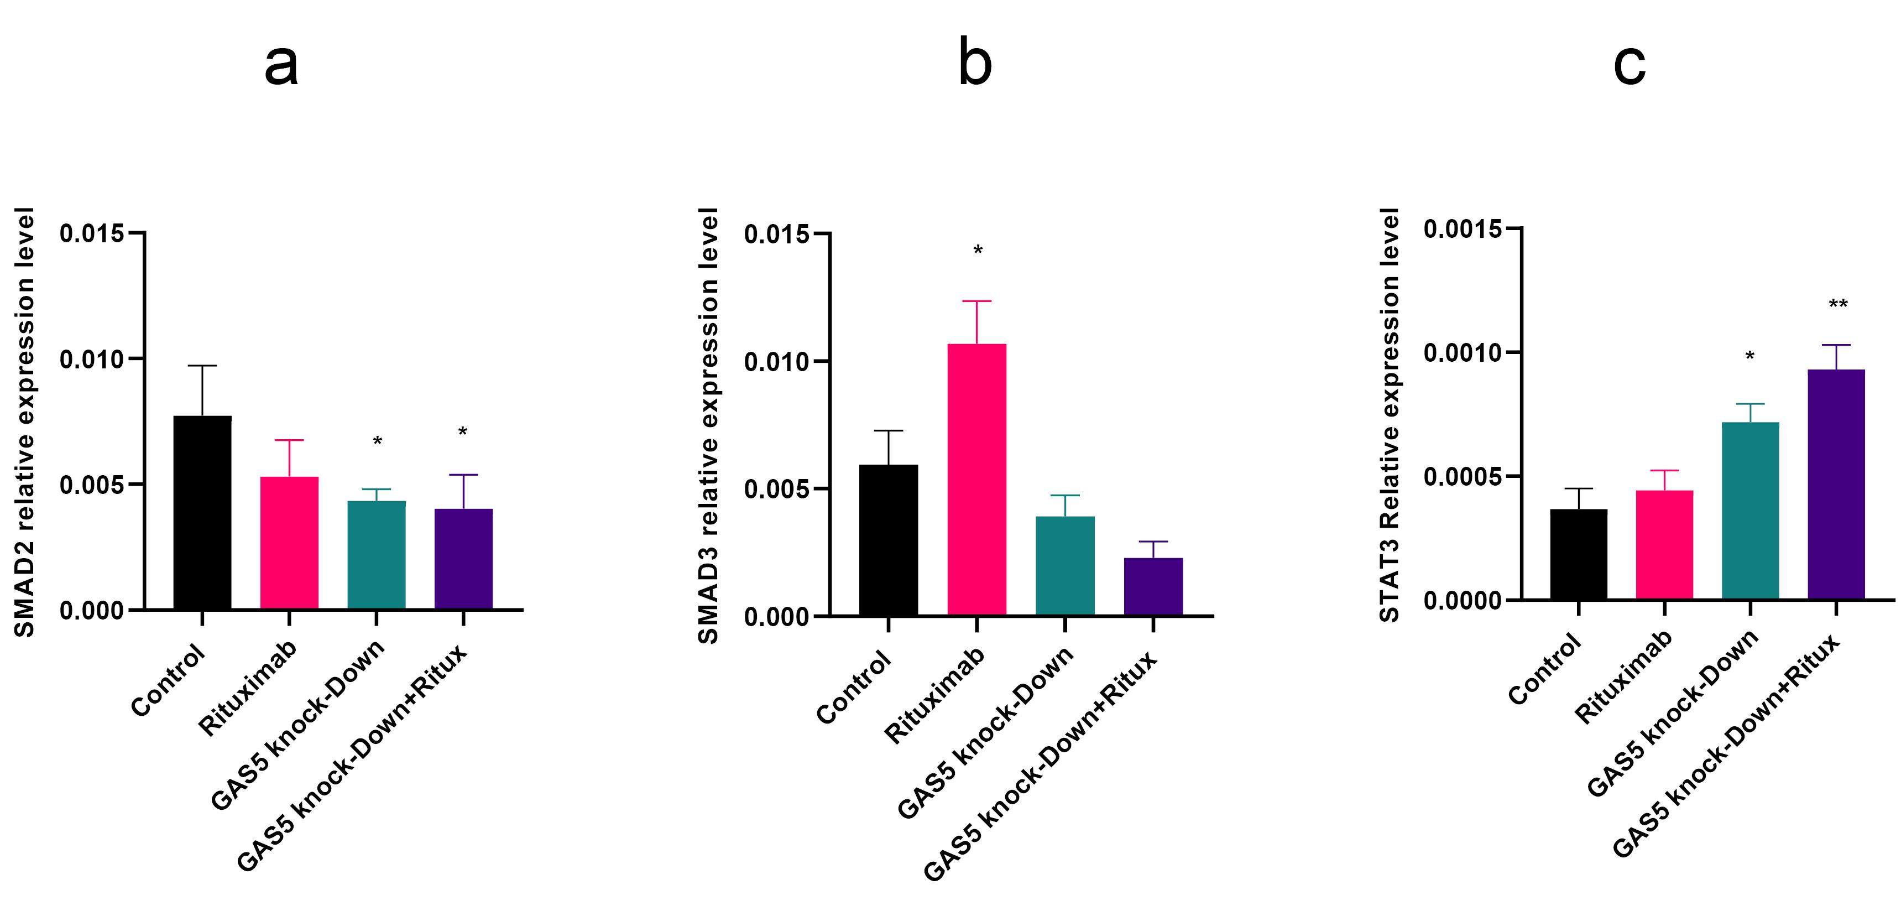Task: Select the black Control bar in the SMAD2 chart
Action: [x=202, y=512]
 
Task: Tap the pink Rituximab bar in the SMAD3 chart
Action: [x=976, y=479]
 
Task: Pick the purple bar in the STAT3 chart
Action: [x=1837, y=484]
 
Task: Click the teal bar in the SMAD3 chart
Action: [x=1065, y=565]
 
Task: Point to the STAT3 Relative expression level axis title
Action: [x=1390, y=415]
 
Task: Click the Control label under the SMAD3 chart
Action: [x=854, y=689]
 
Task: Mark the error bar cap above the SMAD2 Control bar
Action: [x=202, y=366]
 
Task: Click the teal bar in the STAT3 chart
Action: [x=1751, y=511]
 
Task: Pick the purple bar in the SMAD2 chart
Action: [x=463, y=559]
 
